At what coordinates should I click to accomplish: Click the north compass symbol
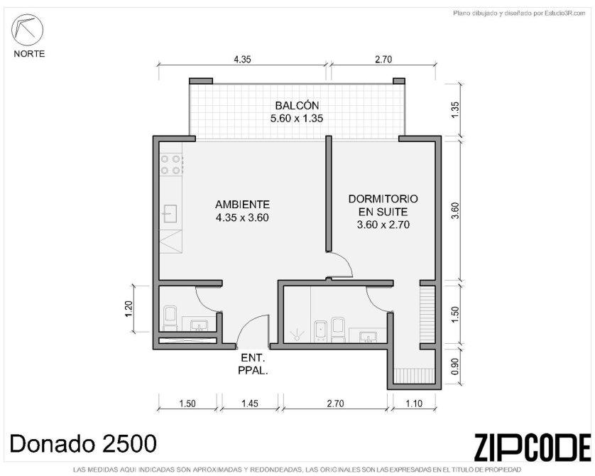tap(27, 30)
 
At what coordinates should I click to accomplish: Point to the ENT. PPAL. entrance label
tap(253, 364)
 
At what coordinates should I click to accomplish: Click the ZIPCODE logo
tap(532, 448)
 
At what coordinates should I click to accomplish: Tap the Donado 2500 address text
tap(83, 443)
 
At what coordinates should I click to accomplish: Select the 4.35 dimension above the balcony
tap(242, 59)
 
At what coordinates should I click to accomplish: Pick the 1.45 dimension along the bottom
tap(250, 403)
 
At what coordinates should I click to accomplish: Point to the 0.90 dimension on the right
tap(455, 367)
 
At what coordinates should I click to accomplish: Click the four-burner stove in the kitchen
tap(171, 164)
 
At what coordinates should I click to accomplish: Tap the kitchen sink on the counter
tap(170, 213)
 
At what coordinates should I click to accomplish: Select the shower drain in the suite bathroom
tap(297, 335)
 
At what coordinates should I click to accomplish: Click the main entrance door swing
tap(251, 330)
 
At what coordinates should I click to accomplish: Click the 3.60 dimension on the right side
tap(455, 211)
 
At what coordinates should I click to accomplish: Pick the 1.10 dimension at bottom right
tap(413, 403)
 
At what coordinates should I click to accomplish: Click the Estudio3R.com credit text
tap(519, 13)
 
